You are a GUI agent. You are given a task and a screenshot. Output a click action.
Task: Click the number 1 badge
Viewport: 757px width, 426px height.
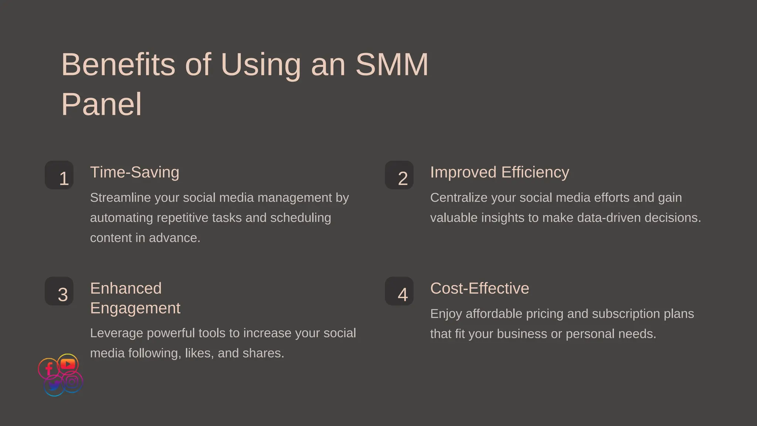click(x=59, y=175)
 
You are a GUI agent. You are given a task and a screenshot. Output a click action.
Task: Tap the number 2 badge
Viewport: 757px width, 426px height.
click(x=399, y=175)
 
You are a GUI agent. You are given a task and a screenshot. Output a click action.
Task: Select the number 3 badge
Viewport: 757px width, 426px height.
click(x=59, y=291)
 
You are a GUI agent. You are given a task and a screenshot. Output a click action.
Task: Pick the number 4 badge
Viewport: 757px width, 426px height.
click(x=399, y=291)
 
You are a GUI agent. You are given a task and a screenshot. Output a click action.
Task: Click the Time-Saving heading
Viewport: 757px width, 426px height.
click(x=135, y=172)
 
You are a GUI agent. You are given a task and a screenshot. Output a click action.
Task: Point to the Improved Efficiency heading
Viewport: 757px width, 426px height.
click(x=499, y=172)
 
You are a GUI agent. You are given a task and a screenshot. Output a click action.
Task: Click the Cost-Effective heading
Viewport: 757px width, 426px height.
click(x=479, y=288)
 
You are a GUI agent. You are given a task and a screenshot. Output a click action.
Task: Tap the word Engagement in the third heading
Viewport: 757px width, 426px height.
click(x=135, y=308)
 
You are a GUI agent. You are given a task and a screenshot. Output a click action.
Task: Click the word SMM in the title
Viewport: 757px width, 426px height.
click(x=392, y=65)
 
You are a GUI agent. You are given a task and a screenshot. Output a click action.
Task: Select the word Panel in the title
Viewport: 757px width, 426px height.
click(x=101, y=105)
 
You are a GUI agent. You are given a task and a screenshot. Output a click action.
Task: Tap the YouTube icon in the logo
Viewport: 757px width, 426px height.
click(x=68, y=364)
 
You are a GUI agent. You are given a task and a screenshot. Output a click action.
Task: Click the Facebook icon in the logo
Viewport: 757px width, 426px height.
click(x=48, y=369)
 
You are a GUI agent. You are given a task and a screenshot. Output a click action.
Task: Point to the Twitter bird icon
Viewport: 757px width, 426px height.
click(x=54, y=386)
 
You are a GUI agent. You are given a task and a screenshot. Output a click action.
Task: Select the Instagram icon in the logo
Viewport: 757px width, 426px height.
click(x=72, y=382)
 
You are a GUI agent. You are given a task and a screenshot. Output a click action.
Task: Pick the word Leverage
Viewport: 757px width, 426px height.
click(x=116, y=333)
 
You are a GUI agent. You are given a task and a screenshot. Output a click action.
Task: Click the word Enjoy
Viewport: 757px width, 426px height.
click(x=446, y=314)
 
